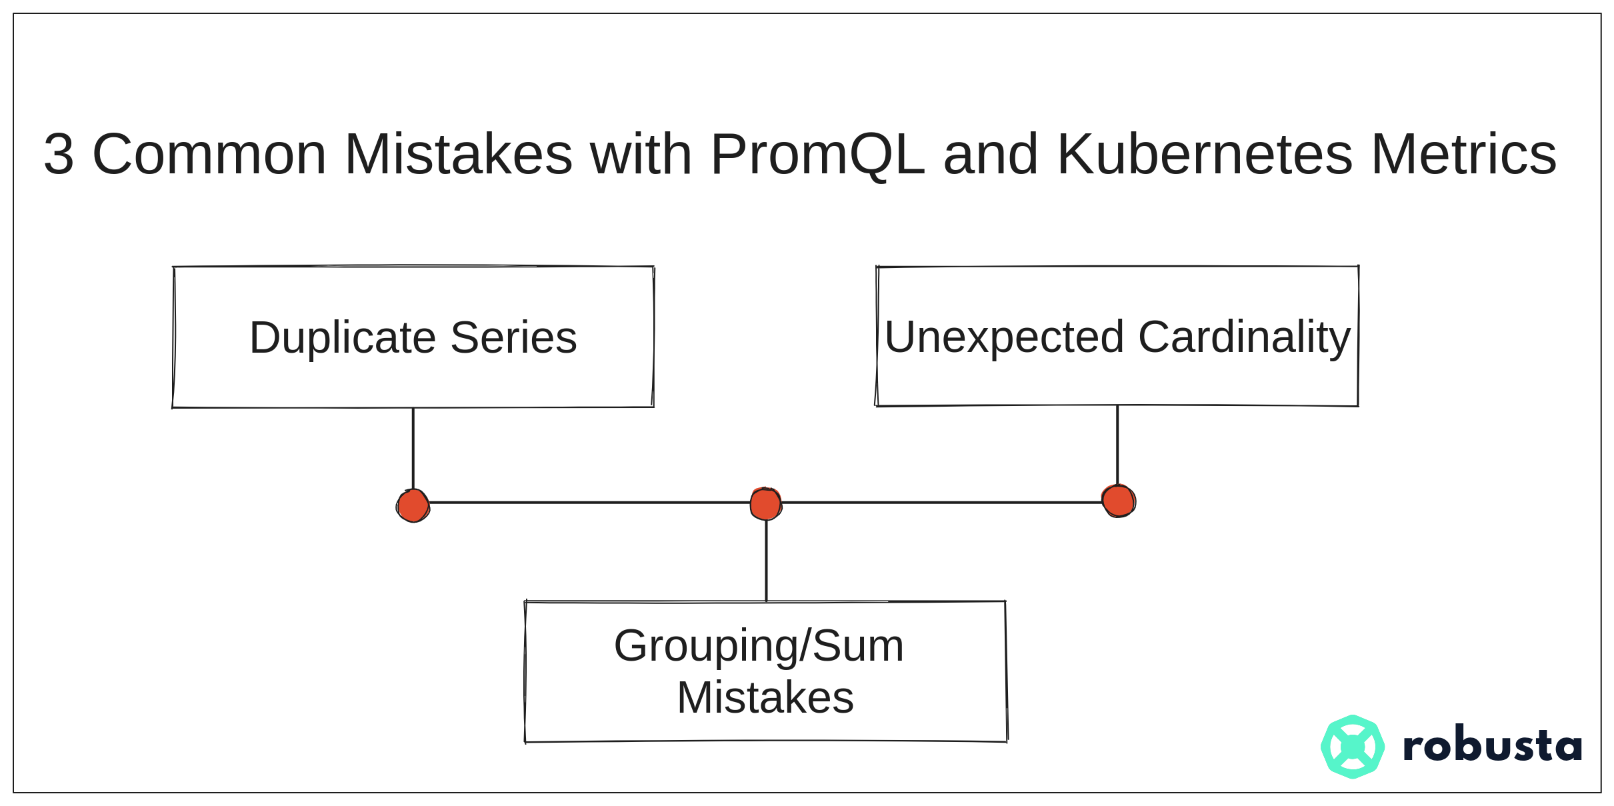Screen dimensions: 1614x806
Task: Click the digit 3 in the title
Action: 59,154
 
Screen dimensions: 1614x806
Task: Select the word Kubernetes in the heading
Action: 1205,154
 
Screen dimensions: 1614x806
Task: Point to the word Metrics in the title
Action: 1463,154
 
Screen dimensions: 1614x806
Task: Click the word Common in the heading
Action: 209,154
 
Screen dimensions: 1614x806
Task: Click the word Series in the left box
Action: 513,337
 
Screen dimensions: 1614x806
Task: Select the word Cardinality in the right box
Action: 1245,339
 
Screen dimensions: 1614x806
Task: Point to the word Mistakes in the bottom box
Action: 765,698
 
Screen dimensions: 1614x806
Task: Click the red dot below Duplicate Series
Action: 413,505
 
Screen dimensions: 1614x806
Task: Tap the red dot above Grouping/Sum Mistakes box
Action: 765,503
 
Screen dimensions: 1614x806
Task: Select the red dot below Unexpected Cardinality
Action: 1119,501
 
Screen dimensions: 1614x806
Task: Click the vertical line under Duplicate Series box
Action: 413,449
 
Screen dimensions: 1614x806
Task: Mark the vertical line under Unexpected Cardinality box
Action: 1117,445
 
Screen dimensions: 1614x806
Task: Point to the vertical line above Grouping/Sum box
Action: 766,560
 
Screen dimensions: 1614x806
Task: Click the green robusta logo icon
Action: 1353,747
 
